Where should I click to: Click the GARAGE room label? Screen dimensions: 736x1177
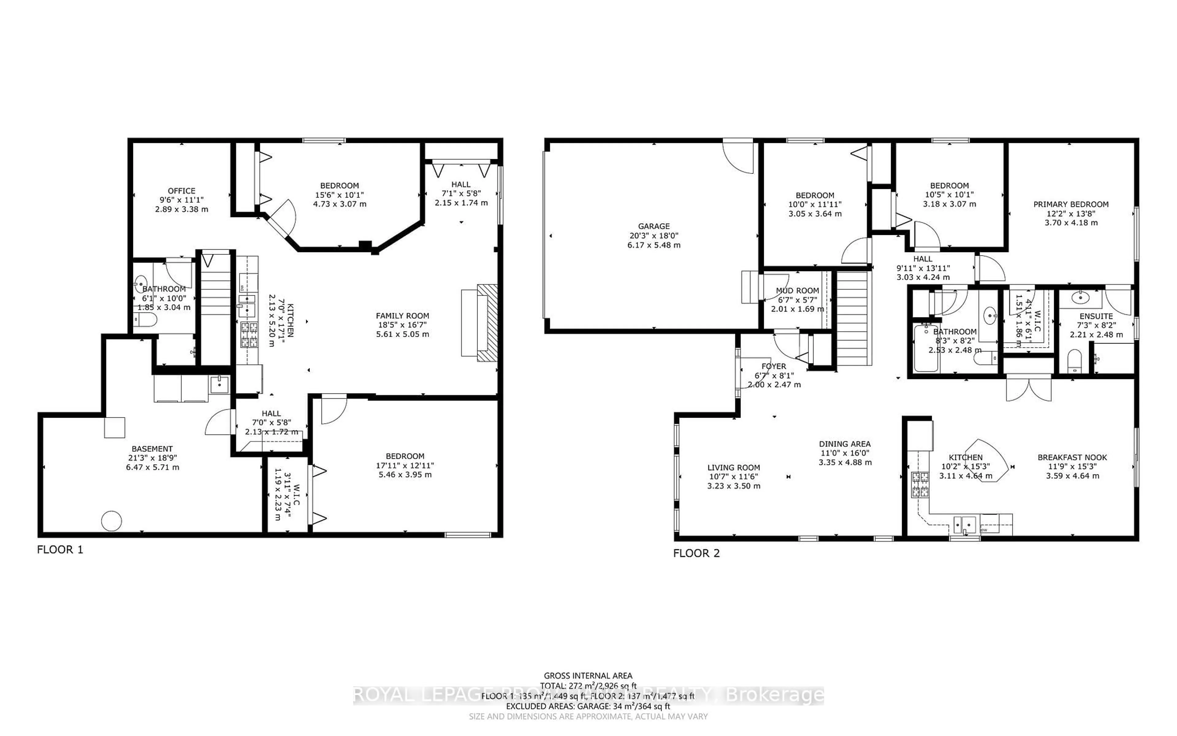[654, 226]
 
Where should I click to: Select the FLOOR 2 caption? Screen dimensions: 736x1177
[696, 553]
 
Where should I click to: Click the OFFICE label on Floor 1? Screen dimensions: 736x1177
[181, 191]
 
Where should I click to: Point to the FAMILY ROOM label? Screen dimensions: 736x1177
[402, 316]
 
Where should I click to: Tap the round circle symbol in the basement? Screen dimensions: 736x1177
[111, 521]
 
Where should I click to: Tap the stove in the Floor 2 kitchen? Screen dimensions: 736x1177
[920, 484]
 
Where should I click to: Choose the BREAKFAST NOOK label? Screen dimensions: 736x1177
[1072, 458]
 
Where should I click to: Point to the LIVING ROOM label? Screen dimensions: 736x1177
[733, 468]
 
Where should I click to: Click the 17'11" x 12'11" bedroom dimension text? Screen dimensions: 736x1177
[405, 465]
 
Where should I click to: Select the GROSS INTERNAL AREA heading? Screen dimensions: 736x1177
[588, 676]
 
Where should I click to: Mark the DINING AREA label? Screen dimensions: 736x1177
[844, 444]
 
